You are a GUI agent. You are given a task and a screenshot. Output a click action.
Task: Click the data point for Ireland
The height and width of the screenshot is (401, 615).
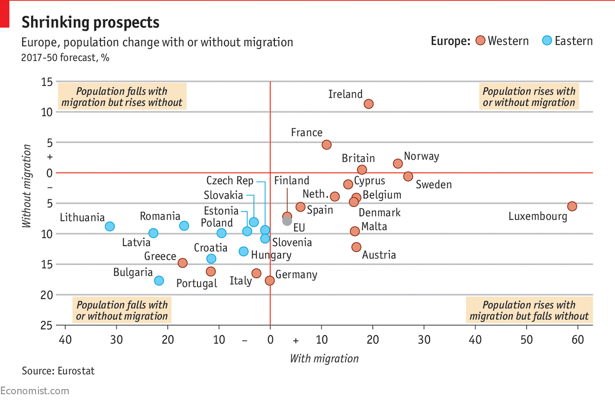[x=369, y=104]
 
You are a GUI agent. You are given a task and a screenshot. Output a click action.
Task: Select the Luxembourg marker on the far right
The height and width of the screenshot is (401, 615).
[x=572, y=206]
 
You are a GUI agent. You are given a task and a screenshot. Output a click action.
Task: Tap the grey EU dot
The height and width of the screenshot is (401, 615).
[x=287, y=221]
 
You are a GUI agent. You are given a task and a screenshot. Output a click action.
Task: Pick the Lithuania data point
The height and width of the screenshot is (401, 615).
[x=110, y=226]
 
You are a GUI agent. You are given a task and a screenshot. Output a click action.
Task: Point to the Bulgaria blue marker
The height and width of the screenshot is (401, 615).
[x=159, y=280]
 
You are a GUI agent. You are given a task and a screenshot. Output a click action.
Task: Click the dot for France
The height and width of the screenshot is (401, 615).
[x=327, y=145]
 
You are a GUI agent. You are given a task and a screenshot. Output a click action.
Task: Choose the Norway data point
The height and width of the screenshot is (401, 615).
[x=398, y=163]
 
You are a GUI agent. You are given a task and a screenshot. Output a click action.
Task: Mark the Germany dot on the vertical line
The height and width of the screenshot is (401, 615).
[x=270, y=280]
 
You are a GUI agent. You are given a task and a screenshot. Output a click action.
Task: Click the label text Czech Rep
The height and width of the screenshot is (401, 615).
[x=230, y=181]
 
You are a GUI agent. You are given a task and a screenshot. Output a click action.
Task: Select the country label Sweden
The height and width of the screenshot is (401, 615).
[x=433, y=185]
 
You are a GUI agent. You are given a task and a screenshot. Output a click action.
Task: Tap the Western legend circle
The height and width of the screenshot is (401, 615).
[x=480, y=41]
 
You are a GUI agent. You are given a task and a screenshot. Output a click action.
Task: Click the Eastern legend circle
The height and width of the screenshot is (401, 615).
[x=547, y=41]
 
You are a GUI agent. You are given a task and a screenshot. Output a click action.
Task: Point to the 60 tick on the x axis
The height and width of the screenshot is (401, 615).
[x=578, y=340]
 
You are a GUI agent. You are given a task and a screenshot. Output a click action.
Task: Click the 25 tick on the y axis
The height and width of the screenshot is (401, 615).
[x=47, y=326]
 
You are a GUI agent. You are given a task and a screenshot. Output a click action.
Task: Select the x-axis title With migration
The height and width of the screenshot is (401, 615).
[x=324, y=359]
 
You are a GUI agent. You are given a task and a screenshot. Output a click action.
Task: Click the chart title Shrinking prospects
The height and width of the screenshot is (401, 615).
[x=90, y=22]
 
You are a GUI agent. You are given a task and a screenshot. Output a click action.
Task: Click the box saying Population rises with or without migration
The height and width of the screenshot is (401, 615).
[x=529, y=97]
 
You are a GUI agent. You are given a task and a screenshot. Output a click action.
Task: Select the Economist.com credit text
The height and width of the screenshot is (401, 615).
[x=35, y=391]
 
